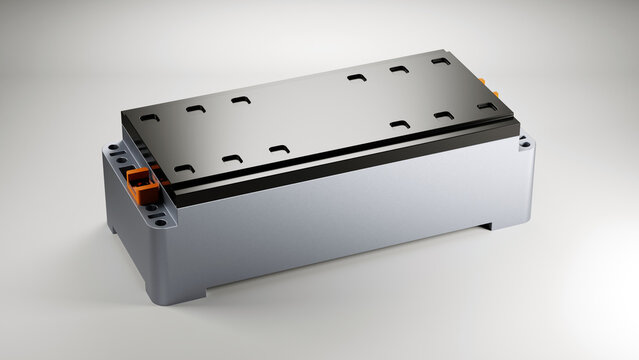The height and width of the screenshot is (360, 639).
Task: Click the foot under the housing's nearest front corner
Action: [178, 297]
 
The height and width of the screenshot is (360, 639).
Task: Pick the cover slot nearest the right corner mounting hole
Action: [487, 105]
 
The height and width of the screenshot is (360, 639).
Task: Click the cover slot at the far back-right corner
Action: [441, 61]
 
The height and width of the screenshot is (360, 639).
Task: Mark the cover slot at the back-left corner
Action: [150, 117]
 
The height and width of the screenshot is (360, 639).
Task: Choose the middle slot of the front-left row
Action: [232, 159]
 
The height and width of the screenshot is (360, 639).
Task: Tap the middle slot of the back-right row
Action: [398, 69]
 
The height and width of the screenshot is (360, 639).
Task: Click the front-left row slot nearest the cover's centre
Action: [279, 149]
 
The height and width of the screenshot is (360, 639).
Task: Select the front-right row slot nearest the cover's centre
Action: [399, 124]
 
